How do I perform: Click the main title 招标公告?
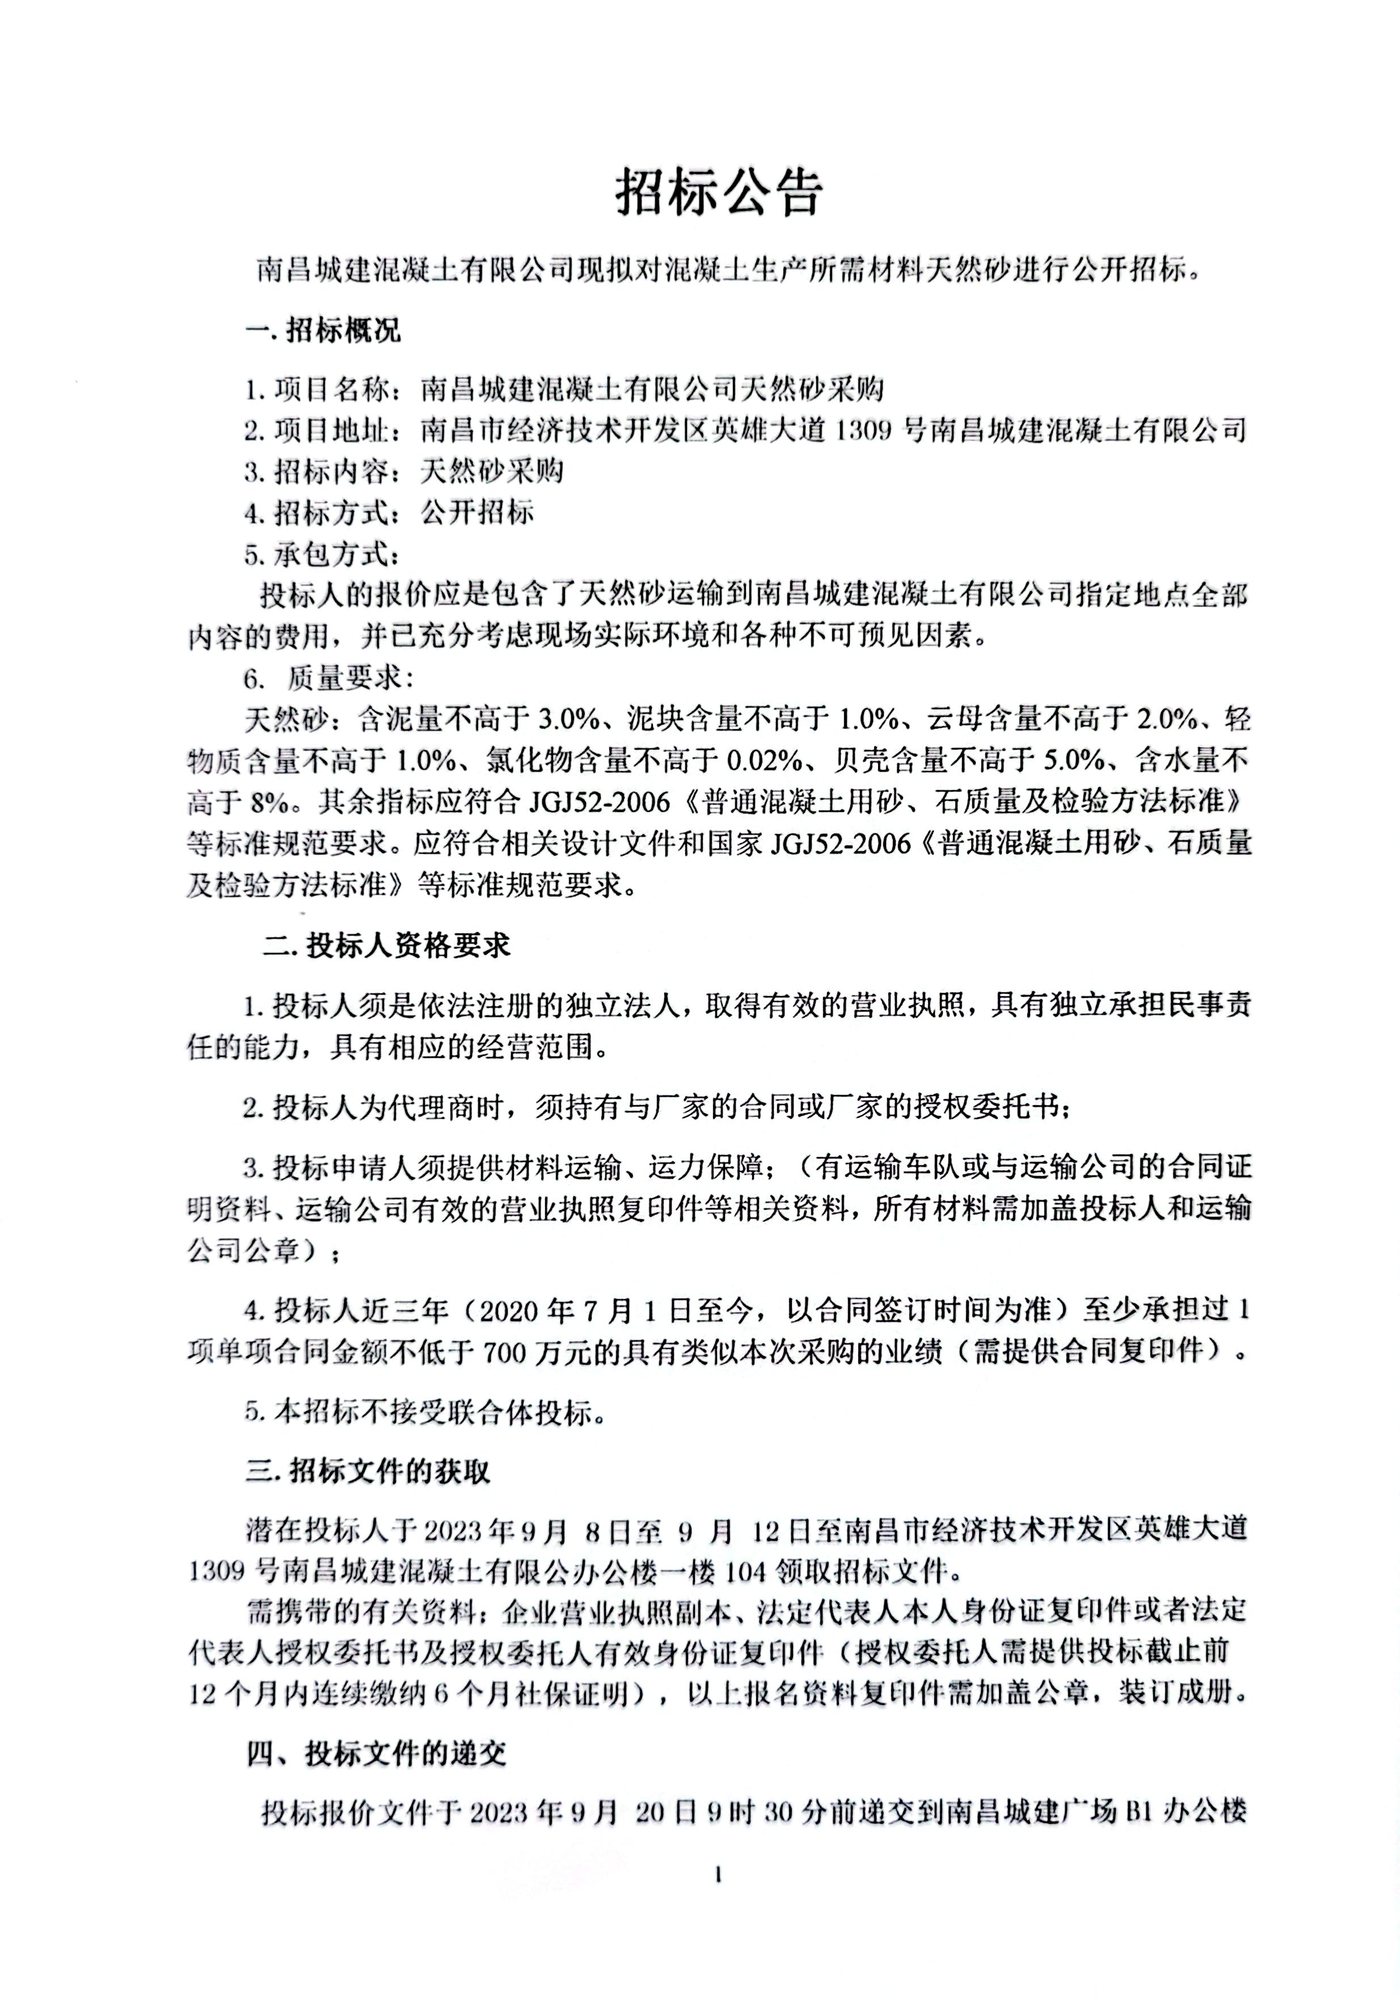pos(718,193)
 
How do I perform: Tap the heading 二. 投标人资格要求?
pos(386,946)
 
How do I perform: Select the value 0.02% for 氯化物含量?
pos(764,760)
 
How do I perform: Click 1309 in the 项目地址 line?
pos(865,430)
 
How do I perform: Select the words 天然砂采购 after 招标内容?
pos(492,471)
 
